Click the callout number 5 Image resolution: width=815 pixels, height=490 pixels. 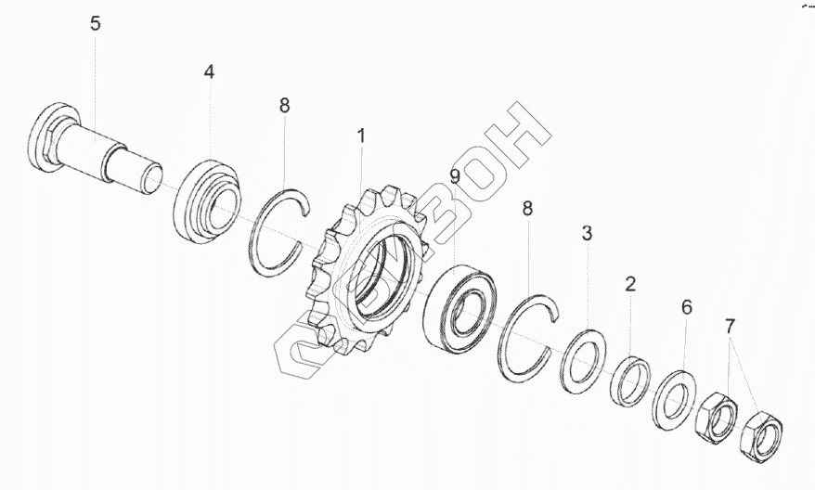pyautogui.click(x=96, y=24)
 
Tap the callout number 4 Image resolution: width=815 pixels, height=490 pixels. pyautogui.click(x=210, y=71)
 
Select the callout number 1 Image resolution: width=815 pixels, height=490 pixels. pyautogui.click(x=361, y=136)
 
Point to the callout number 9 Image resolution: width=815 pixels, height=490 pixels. pyautogui.click(x=455, y=175)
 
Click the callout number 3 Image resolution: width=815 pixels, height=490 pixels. pyautogui.click(x=587, y=233)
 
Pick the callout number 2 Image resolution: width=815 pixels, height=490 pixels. pyautogui.click(x=630, y=284)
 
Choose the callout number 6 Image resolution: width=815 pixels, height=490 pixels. pyautogui.click(x=687, y=307)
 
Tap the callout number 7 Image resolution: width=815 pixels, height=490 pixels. pyautogui.click(x=730, y=327)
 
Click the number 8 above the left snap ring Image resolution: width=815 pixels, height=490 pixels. pyautogui.click(x=284, y=106)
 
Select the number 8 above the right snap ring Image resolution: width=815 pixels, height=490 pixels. pyautogui.click(x=527, y=209)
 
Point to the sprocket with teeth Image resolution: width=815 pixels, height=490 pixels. pyautogui.click(x=362, y=269)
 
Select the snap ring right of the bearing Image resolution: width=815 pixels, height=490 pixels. pyautogui.click(x=524, y=335)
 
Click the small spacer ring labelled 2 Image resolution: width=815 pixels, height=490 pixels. pyautogui.click(x=631, y=380)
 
